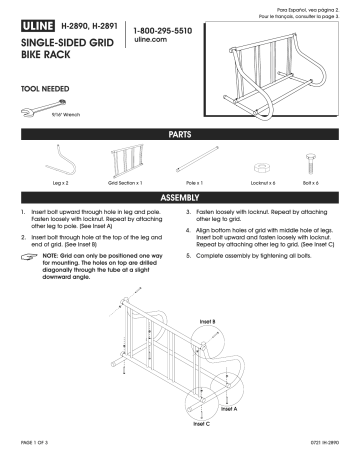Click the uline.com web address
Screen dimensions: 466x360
(x=148, y=44)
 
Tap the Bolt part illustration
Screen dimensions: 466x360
(x=310, y=163)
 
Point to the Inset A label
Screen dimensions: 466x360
(x=229, y=408)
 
